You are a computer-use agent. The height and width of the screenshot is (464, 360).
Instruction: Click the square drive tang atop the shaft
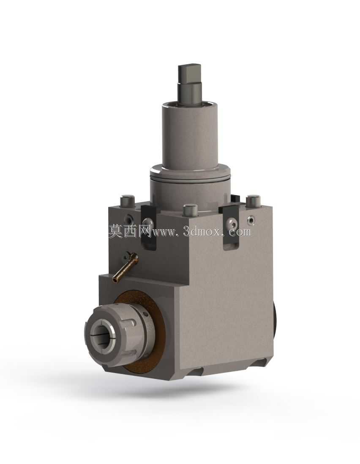click(190, 83)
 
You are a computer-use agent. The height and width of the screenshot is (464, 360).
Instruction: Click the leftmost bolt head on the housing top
click(127, 201)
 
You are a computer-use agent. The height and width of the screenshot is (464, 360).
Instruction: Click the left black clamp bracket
click(148, 225)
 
